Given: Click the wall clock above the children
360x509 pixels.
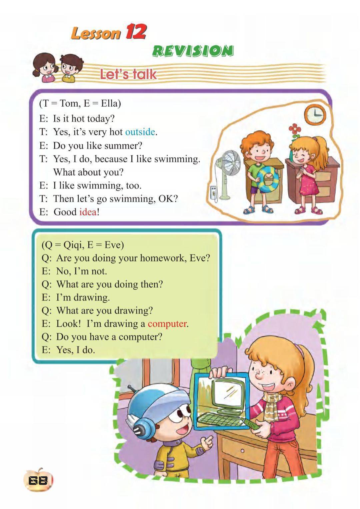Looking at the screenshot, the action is (x=315, y=115).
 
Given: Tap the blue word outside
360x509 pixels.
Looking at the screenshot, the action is (x=140, y=132).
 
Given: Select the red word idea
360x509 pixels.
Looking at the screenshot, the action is (x=88, y=212).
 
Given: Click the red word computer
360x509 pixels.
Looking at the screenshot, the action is (x=167, y=324).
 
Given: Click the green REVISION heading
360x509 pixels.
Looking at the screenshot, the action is (x=193, y=51).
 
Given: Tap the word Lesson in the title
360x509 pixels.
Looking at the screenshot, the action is (x=96, y=34).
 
